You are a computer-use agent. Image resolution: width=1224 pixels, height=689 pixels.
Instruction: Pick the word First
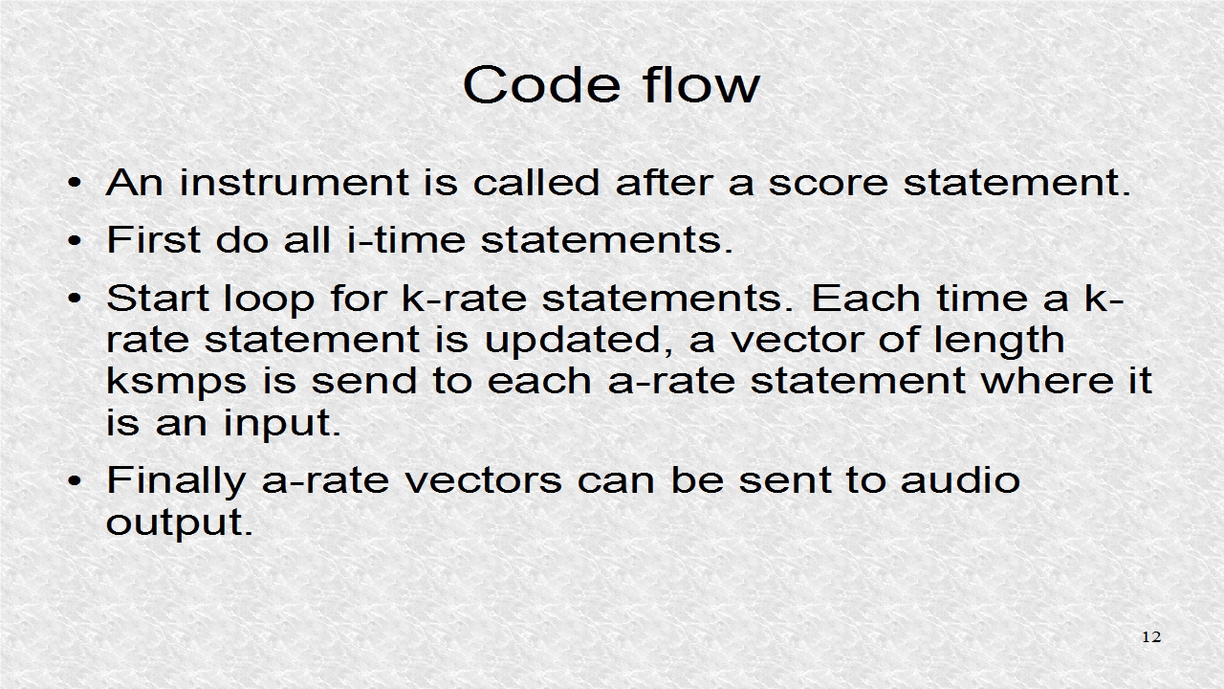pos(153,239)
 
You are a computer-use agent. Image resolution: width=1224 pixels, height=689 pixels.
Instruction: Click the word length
pos(997,340)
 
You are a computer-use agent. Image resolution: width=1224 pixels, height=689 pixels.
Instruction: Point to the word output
pos(179,522)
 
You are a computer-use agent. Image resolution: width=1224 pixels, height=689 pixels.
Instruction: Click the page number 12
pos(1151,637)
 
